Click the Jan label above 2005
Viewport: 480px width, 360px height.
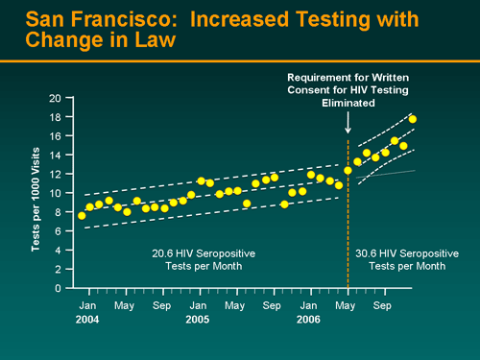coord(198,304)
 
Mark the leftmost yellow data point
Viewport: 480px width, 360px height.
coord(82,216)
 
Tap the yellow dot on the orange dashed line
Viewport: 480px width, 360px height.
coord(348,171)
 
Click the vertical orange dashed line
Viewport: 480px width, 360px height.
coord(348,230)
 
